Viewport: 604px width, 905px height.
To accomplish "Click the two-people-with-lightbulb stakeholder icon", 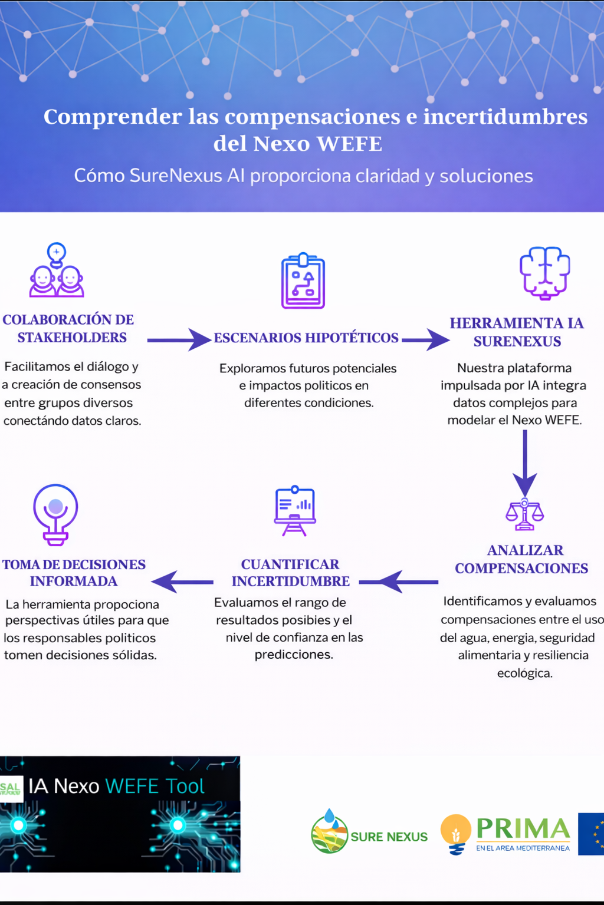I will pyautogui.click(x=57, y=272).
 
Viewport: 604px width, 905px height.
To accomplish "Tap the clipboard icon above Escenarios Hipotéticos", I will pyautogui.click(x=303, y=282).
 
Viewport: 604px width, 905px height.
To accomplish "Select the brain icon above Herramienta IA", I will pyautogui.click(x=544, y=273).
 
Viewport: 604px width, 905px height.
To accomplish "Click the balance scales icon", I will pyautogui.click(x=524, y=514).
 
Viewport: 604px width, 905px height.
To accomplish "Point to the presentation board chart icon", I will pyautogui.click(x=295, y=510).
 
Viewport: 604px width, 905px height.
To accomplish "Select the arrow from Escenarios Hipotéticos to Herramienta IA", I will pyautogui.click(x=425, y=339).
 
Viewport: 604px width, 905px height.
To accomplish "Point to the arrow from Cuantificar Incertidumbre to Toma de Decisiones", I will pyautogui.click(x=182, y=582).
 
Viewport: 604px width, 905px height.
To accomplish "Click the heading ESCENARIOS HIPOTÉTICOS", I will pyautogui.click(x=306, y=338).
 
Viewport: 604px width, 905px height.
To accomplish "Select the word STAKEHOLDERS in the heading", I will pyautogui.click(x=72, y=338).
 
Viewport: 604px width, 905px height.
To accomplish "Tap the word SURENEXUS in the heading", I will pyautogui.click(x=517, y=342).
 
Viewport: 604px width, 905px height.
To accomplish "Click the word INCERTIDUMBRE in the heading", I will pyautogui.click(x=291, y=582).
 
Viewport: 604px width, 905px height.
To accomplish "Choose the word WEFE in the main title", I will pyautogui.click(x=349, y=144).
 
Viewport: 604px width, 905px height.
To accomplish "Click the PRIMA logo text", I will pyautogui.click(x=523, y=829).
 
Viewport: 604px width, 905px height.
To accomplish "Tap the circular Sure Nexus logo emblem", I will pyautogui.click(x=329, y=832).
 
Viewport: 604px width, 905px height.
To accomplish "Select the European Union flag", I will pyautogui.click(x=592, y=834).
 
